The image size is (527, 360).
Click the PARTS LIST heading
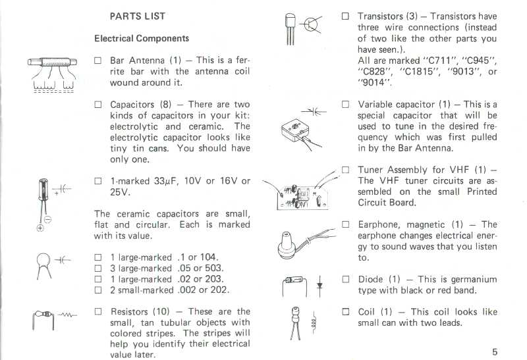[x=137, y=16]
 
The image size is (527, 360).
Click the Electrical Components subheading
[x=141, y=39]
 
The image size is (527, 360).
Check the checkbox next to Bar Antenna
[x=97, y=61]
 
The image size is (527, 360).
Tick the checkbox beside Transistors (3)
[x=345, y=16]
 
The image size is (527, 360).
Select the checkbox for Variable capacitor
[x=345, y=105]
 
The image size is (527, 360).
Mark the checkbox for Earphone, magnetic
[x=345, y=224]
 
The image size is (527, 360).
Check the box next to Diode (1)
[x=345, y=279]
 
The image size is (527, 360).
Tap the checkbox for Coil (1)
[x=345, y=312]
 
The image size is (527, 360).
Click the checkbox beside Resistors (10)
[x=97, y=312]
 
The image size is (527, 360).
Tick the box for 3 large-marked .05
[x=97, y=269]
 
